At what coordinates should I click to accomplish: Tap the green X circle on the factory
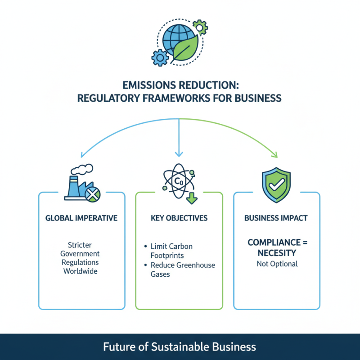click(x=93, y=194)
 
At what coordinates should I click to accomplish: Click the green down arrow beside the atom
click(x=193, y=196)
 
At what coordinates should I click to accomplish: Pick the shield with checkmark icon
click(x=276, y=184)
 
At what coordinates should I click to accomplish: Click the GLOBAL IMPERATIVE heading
click(x=81, y=218)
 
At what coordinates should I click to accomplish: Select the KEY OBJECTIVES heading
click(x=179, y=218)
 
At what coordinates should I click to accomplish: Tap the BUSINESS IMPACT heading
click(x=276, y=218)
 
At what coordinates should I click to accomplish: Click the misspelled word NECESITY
click(x=277, y=253)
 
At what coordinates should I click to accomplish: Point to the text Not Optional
click(x=277, y=264)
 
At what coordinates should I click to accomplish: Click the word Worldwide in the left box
click(x=81, y=271)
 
